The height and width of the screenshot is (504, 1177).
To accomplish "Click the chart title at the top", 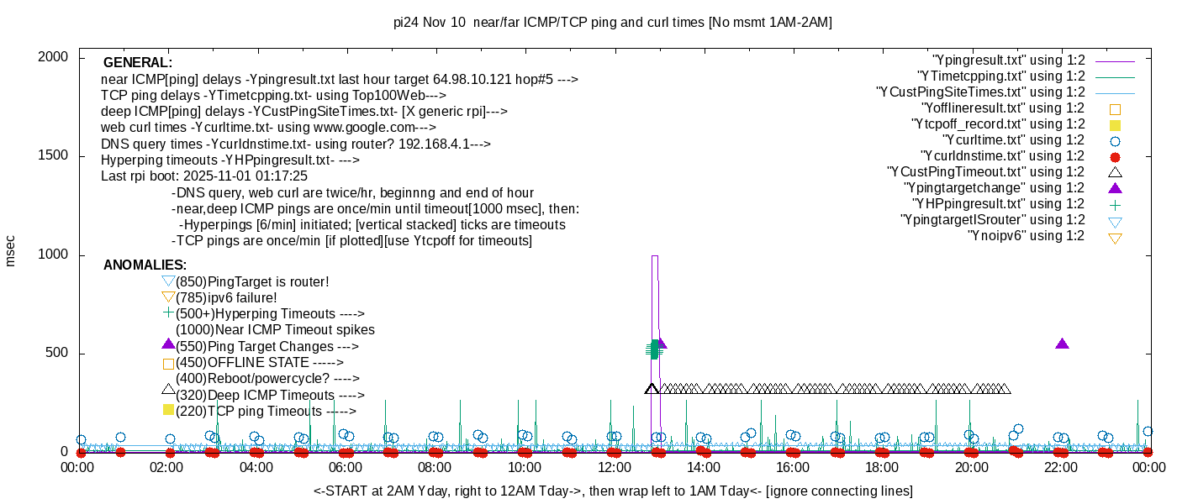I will click(612, 23).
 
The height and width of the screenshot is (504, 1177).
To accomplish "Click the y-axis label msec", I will click(11, 249).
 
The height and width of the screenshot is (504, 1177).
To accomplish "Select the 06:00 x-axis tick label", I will click(346, 468).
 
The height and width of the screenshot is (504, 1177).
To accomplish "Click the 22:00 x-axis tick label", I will click(1061, 468).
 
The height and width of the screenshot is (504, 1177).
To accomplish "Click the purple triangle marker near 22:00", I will click(1062, 344).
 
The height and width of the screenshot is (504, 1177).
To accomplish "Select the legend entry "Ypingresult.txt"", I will click(1008, 60).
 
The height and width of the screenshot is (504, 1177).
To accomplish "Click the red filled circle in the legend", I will click(1115, 157).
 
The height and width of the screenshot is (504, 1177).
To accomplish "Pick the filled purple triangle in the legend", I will click(1115, 188).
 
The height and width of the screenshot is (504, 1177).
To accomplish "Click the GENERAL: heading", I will click(138, 63).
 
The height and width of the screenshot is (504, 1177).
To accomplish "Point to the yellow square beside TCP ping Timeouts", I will click(168, 410).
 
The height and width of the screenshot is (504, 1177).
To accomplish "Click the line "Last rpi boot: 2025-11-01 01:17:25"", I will click(204, 176).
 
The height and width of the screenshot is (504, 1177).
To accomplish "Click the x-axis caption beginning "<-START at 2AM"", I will click(613, 491).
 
